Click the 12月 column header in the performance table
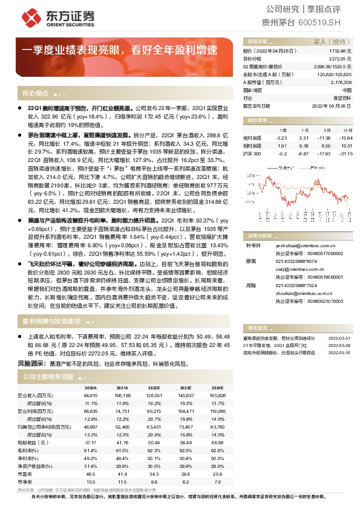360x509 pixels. (x=345, y=130)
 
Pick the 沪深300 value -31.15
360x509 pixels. (x=345, y=154)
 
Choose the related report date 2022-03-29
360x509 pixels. (x=339, y=345)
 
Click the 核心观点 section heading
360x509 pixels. (x=35, y=94)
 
